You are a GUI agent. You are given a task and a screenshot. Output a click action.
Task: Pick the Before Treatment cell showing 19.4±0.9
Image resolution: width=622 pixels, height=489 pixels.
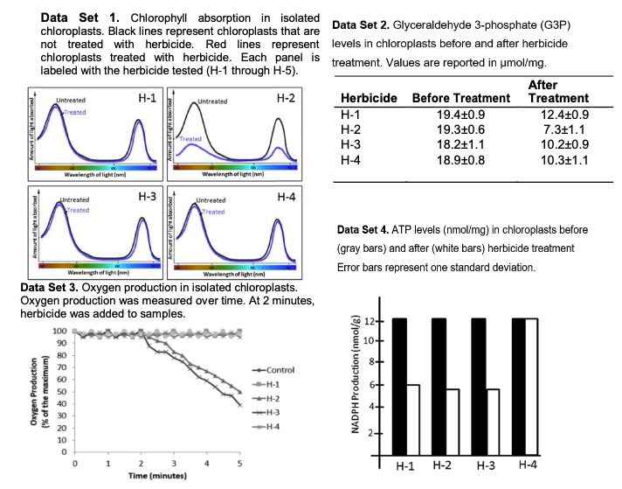click(446, 114)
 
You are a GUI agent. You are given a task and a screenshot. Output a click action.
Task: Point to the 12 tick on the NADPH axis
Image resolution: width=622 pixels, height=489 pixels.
click(371, 320)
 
